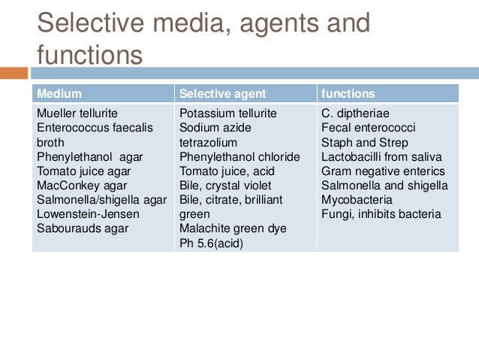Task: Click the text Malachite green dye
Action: click(x=233, y=228)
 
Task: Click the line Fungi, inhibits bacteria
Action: click(x=381, y=214)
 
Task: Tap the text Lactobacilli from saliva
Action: click(x=381, y=157)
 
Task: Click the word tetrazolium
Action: click(x=208, y=142)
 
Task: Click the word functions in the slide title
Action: click(x=89, y=54)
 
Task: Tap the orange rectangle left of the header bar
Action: click(x=14, y=74)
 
